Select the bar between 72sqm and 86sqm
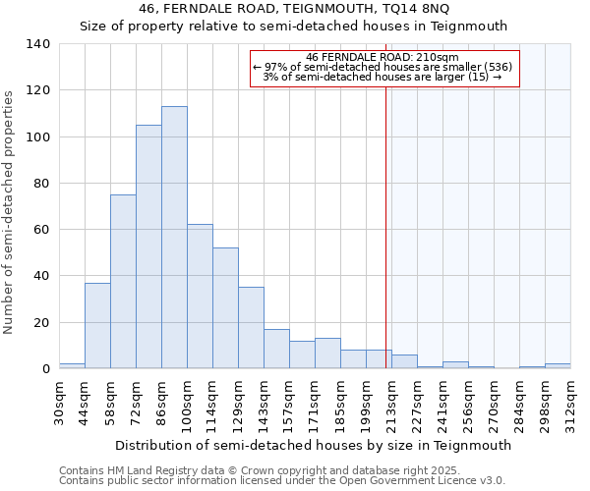point(148,246)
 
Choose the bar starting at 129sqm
point(251,328)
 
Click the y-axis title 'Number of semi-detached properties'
point(10,211)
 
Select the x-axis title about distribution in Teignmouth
point(313,445)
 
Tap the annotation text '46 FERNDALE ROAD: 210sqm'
point(383,57)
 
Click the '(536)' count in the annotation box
point(498,67)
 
